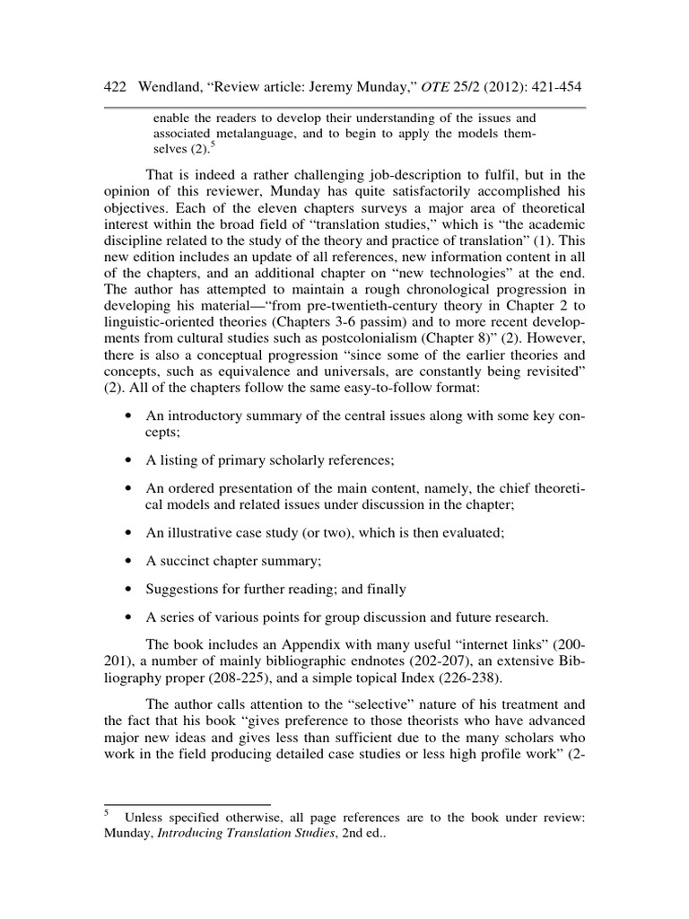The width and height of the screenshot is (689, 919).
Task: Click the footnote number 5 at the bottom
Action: click(107, 812)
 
